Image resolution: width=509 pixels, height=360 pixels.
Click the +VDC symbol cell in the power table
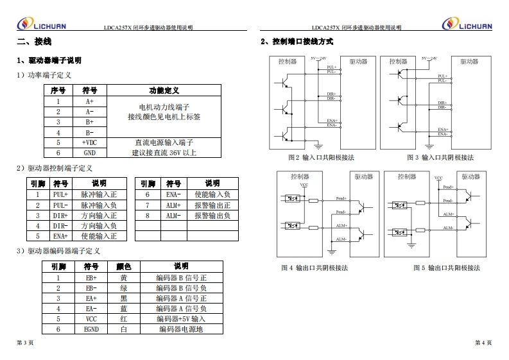tap(89, 142)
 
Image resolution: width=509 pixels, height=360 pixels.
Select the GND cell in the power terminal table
tap(89, 153)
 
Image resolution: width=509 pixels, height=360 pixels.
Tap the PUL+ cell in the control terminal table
tap(60, 194)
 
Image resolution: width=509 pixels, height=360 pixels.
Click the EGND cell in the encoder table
tap(91, 329)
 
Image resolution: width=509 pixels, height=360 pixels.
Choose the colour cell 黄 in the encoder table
tap(124, 278)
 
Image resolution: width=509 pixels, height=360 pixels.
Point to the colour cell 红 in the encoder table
tap(124, 319)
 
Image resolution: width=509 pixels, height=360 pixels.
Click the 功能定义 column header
tap(164, 91)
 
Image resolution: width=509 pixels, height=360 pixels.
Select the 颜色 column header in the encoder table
tap(124, 267)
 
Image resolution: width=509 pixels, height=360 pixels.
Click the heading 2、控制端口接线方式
tap(297, 42)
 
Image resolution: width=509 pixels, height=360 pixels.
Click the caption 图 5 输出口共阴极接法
tap(447, 268)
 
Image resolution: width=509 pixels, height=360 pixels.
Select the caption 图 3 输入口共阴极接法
tap(440, 158)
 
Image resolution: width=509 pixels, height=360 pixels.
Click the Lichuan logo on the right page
tap(467, 24)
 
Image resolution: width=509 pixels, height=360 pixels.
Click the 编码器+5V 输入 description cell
tap(181, 319)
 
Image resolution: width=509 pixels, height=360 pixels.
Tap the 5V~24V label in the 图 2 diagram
tap(319, 58)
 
